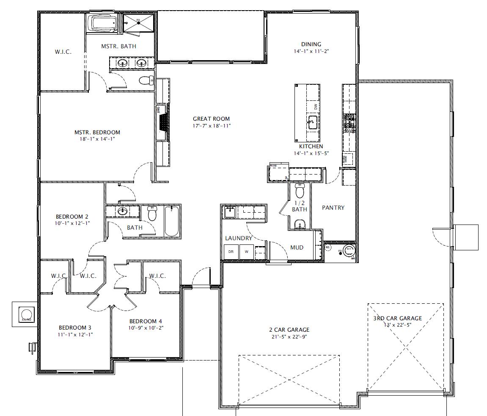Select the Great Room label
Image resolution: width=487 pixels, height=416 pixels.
pyautogui.click(x=211, y=119)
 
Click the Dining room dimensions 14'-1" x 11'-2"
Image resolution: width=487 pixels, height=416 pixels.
pyautogui.click(x=311, y=51)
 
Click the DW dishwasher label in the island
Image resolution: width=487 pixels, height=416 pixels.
pyautogui.click(x=316, y=106)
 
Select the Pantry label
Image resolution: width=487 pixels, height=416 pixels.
pyautogui.click(x=333, y=208)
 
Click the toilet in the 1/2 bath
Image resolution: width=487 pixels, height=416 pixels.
pyautogui.click(x=300, y=192)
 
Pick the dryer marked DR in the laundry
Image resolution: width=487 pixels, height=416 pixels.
pyautogui.click(x=231, y=251)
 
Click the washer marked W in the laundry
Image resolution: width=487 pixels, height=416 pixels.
pyautogui.click(x=247, y=251)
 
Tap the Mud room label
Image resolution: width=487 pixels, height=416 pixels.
pyautogui.click(x=297, y=247)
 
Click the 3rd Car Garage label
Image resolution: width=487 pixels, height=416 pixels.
pyautogui.click(x=397, y=318)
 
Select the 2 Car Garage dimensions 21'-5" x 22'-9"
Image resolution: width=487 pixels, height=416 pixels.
pyautogui.click(x=289, y=336)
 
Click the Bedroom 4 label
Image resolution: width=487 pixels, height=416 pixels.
pyautogui.click(x=145, y=321)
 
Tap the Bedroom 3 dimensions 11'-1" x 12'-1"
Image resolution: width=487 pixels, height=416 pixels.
pyautogui.click(x=75, y=334)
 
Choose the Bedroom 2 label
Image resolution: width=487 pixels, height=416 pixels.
pyautogui.click(x=72, y=216)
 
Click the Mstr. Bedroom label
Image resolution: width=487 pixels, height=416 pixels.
pyautogui.click(x=97, y=132)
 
